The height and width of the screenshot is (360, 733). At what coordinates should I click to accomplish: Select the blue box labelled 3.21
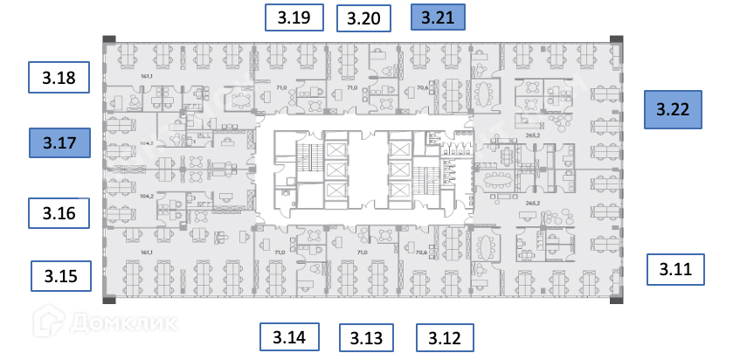point(438,17)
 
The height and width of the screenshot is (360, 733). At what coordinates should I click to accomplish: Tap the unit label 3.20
point(363,18)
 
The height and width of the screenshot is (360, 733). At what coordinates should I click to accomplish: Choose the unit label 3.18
point(59,78)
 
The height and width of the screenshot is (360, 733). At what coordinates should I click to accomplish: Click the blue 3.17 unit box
point(59,142)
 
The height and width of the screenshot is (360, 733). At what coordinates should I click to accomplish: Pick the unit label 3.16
point(59,212)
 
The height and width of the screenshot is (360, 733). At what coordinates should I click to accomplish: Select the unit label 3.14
point(289,336)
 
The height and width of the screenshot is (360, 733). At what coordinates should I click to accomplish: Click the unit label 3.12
point(445,337)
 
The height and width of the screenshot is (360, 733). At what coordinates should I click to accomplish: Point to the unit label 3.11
point(675,269)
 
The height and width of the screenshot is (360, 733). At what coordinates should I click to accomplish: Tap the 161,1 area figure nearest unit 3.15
point(147,253)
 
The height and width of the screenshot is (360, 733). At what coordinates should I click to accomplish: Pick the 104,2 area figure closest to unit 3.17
point(147,142)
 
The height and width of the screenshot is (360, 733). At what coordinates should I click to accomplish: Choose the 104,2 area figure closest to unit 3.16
point(147,197)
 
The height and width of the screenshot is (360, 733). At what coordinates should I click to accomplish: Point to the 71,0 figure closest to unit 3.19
point(281,88)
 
